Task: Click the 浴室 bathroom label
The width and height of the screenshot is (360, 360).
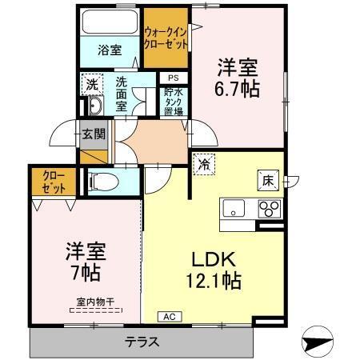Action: [x=110, y=50]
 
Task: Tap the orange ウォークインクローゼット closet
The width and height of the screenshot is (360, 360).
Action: [x=166, y=38]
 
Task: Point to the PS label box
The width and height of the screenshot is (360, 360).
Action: [x=173, y=78]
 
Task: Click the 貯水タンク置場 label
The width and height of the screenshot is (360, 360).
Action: [x=173, y=102]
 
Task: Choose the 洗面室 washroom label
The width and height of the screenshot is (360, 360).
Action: [x=122, y=93]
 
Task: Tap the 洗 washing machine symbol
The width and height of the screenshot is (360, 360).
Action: [x=92, y=83]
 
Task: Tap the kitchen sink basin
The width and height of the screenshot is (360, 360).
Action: [x=234, y=210]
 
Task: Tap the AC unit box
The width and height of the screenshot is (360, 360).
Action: [x=169, y=317]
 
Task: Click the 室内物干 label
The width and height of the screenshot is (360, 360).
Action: [x=95, y=302]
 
